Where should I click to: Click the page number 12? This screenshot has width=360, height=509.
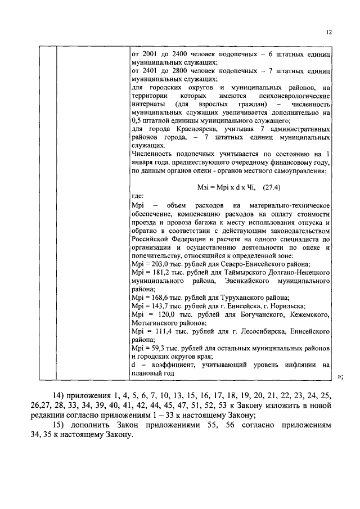[x=329, y=32]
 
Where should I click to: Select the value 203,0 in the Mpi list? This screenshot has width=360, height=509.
[x=155, y=264]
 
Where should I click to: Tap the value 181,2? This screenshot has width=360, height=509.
[x=155, y=272]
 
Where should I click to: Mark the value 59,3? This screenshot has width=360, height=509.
[x=154, y=349]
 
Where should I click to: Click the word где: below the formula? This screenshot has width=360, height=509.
[x=137, y=197]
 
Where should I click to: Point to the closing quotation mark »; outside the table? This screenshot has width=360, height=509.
[x=339, y=376]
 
